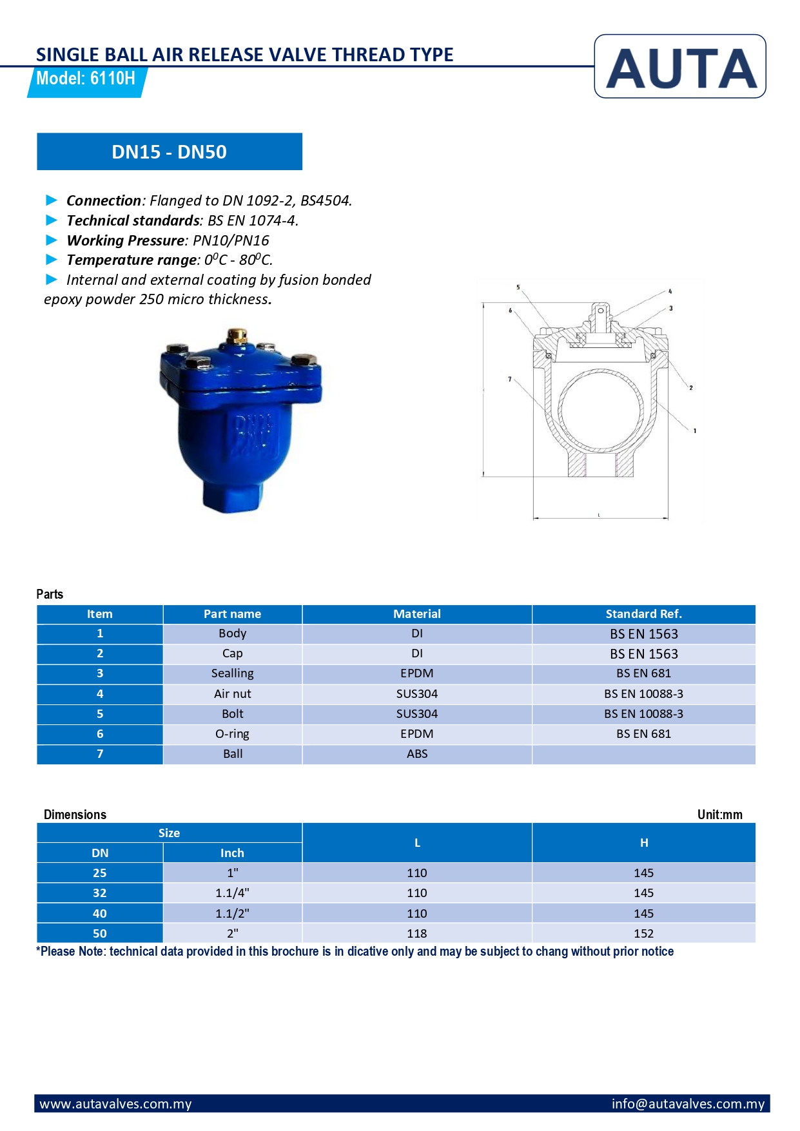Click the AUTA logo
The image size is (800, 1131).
[680, 67]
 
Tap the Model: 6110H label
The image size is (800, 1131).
[86, 79]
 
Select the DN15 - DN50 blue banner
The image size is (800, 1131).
[169, 152]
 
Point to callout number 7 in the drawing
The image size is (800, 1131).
[509, 379]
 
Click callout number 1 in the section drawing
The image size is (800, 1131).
[694, 430]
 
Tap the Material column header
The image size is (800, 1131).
[416, 614]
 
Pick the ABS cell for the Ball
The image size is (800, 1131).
[416, 754]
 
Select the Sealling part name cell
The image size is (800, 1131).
[232, 673]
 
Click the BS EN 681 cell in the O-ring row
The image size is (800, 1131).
[643, 734]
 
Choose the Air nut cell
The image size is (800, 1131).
[232, 694]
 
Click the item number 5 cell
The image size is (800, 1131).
[100, 714]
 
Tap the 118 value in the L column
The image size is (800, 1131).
[416, 934]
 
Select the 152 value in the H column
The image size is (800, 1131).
[643, 934]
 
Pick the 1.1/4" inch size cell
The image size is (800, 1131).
[232, 893]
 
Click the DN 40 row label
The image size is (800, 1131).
[100, 914]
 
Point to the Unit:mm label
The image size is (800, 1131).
[719, 815]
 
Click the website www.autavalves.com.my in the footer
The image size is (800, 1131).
[116, 1104]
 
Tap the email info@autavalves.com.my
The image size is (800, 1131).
[688, 1104]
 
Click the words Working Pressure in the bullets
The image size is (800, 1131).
[126, 240]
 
